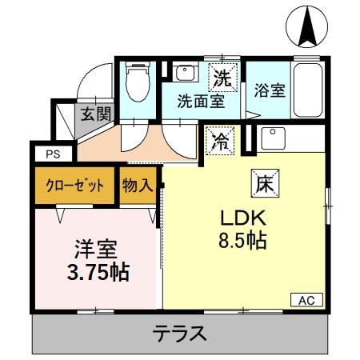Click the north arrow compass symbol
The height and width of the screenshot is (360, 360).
pos(306,26)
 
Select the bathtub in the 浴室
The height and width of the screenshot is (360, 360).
pos(306,90)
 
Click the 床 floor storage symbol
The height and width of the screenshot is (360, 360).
pos(263,183)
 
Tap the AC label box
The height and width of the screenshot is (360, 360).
pos(306,301)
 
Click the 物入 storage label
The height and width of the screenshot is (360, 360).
pos(138,185)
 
